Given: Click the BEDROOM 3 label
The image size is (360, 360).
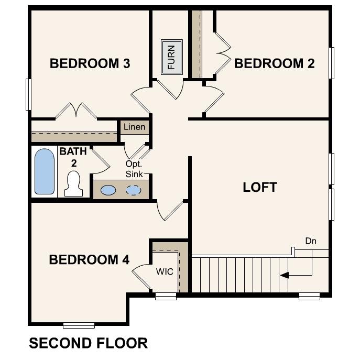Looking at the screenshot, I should coord(90,64).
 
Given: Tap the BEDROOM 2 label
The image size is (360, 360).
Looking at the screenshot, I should coord(274,64).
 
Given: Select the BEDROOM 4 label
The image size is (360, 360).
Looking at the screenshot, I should coord(89,260).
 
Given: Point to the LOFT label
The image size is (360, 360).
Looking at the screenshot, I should coord(260,188).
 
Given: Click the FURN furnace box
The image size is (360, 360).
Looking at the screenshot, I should coord(171,57).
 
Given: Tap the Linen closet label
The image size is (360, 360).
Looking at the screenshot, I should coord(135,127).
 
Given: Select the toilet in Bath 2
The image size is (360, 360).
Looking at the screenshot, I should coord(74,184).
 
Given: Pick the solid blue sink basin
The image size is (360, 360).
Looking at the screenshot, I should coord(108,190).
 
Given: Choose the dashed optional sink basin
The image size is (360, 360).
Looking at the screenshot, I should coord(134,190).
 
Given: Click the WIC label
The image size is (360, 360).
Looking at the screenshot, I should coord(165,272).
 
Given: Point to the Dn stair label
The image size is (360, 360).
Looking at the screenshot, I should coord(311,241).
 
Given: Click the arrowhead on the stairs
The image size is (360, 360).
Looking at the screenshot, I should coord(283,275).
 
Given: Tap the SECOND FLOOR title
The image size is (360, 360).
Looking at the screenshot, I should coord(88,343).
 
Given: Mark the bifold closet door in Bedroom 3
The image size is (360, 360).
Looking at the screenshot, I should coord(77,110).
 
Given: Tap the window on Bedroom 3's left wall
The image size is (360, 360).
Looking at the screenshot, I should coord(28,94).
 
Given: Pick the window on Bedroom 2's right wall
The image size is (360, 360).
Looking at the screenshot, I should coord(331,63).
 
